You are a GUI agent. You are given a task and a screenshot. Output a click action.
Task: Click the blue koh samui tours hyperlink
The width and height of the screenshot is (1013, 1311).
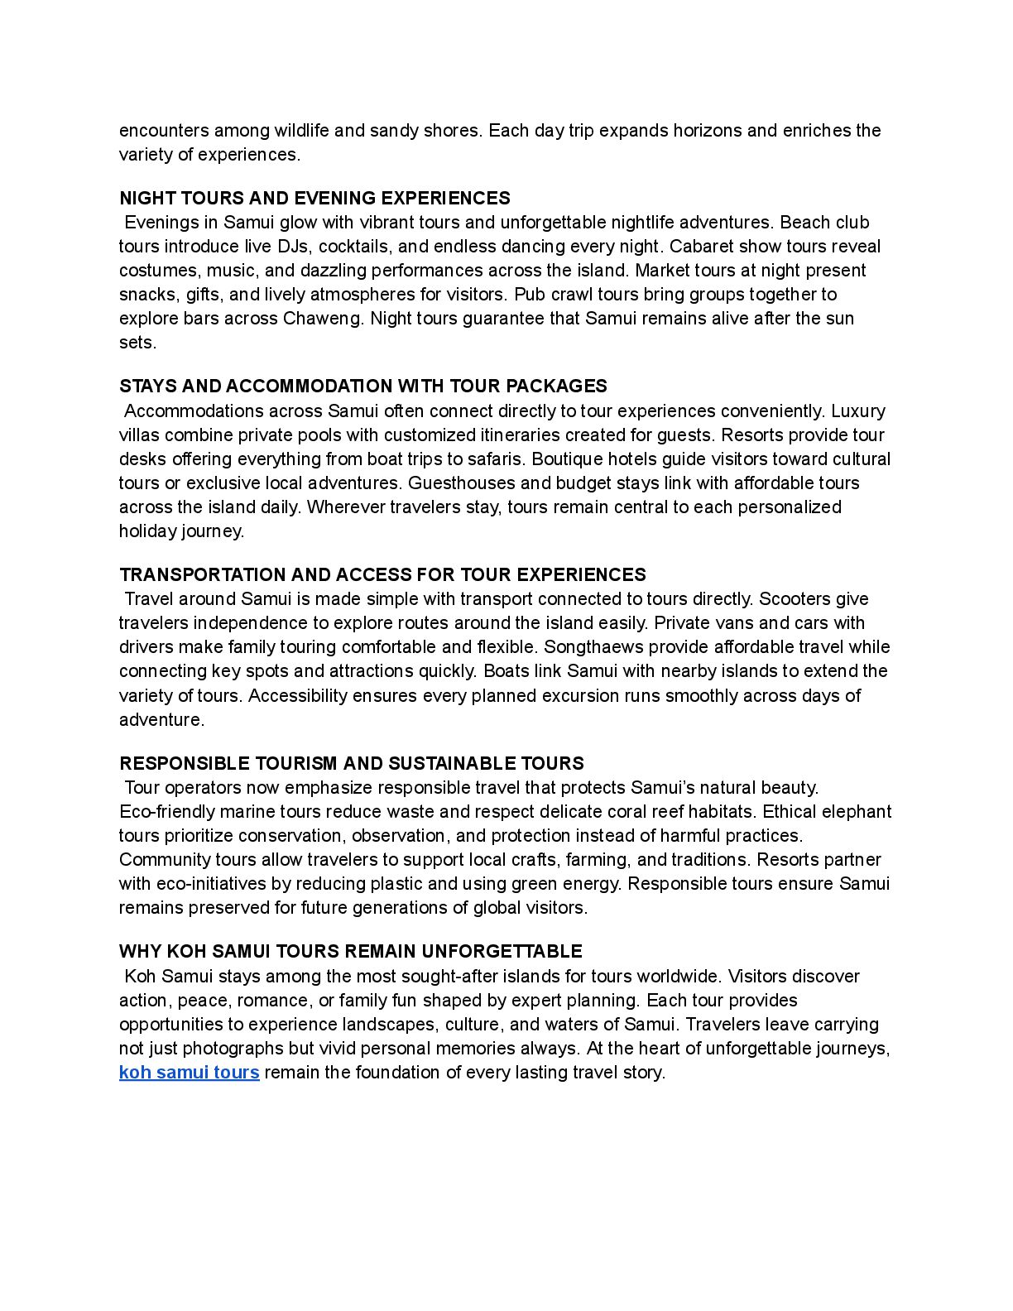[189, 1073]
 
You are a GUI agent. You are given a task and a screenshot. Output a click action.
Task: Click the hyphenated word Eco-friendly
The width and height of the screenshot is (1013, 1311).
[168, 812]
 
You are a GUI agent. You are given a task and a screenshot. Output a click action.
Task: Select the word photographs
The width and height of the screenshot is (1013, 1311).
[233, 1049]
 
